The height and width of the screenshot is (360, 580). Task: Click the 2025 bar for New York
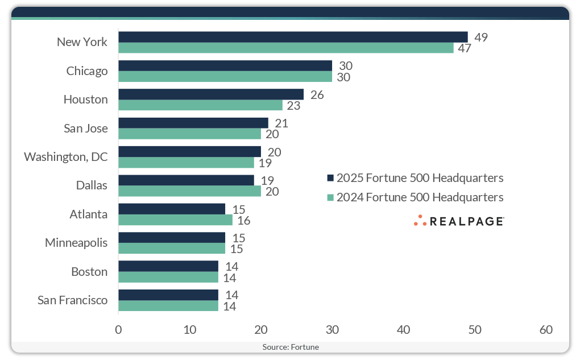click(293, 37)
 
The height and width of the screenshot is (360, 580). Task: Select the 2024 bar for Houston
click(200, 105)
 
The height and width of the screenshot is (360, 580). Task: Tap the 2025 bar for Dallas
click(186, 180)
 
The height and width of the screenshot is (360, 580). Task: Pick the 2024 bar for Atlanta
click(175, 220)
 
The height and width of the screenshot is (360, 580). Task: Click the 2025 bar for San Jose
click(193, 123)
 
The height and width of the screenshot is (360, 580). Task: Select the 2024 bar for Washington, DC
click(186, 163)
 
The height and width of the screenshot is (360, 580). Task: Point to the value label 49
click(481, 38)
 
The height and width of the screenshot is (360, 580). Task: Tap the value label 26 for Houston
click(317, 94)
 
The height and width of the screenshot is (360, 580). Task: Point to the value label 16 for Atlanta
click(246, 220)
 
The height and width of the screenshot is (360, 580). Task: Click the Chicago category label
click(87, 71)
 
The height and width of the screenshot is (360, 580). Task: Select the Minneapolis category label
click(76, 243)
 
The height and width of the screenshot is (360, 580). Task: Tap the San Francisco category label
click(72, 300)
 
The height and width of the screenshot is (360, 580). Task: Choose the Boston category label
click(89, 271)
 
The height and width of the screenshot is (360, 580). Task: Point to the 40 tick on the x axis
click(403, 329)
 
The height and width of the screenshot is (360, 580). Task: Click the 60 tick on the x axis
click(546, 329)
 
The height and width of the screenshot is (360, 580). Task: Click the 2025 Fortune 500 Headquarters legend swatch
click(330, 178)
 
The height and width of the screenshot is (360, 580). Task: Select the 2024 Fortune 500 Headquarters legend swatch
click(330, 198)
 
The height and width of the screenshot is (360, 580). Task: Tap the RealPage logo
click(459, 221)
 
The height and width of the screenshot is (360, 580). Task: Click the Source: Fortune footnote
click(290, 346)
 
